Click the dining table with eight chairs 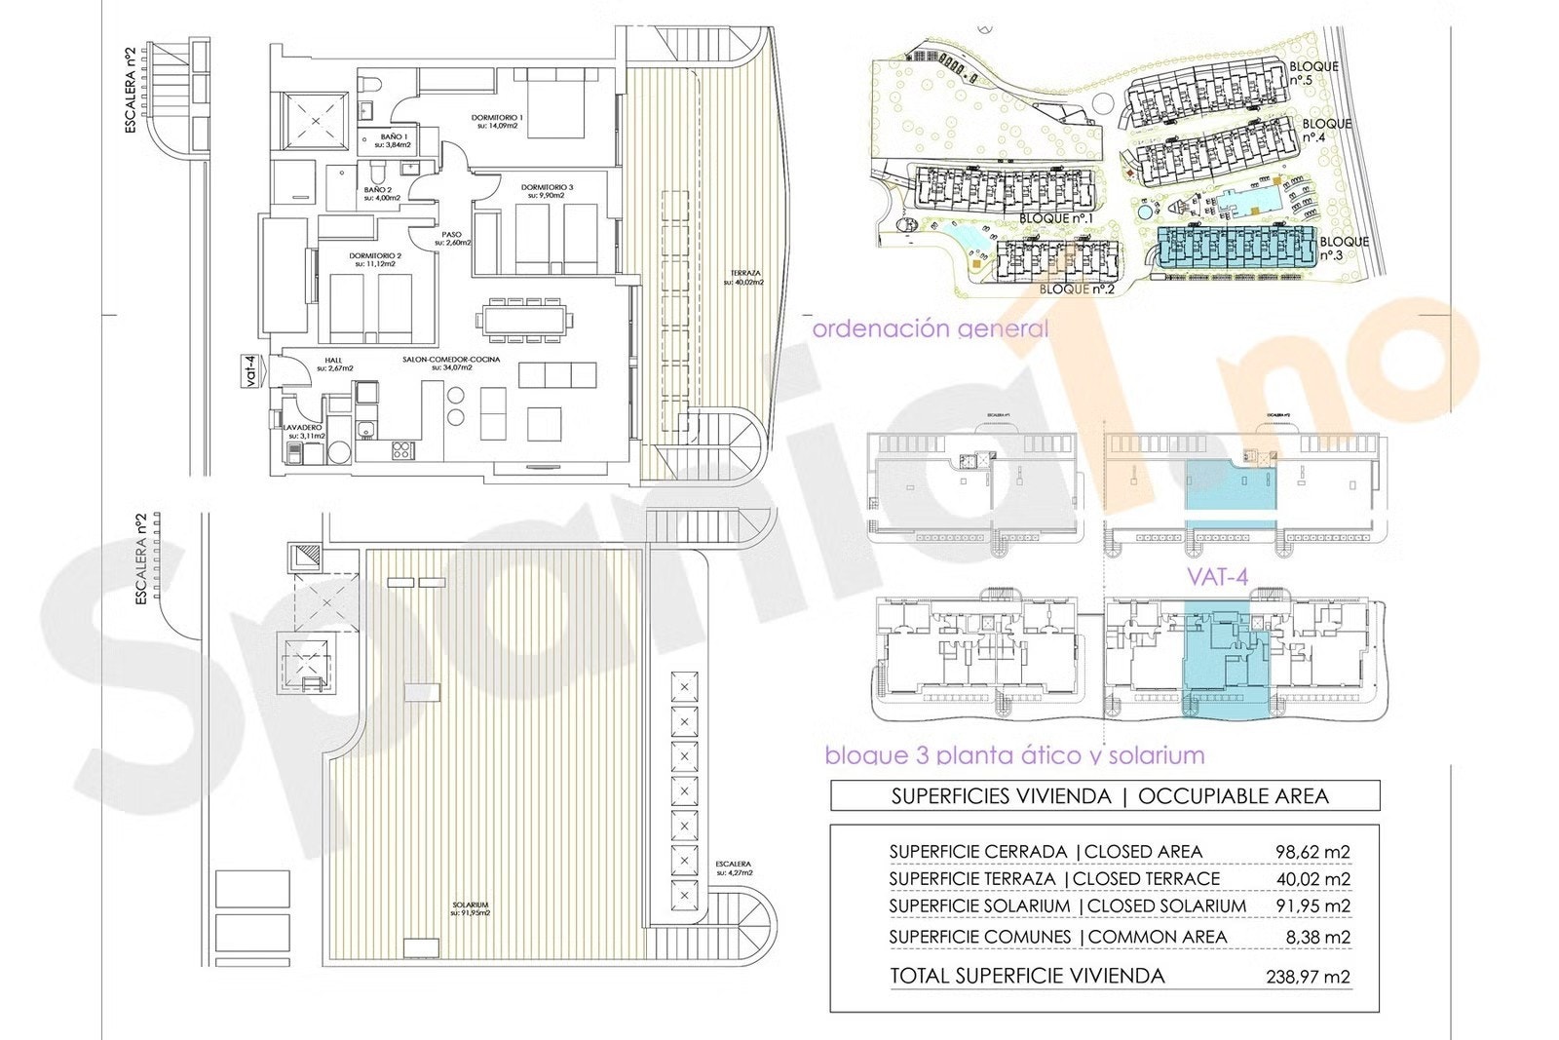coord(521,321)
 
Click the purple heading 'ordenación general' coord(931,328)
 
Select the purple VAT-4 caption coord(1217,577)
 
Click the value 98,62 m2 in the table coord(1312,852)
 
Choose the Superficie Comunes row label coord(979,937)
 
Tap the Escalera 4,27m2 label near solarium coord(733,868)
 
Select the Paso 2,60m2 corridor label coord(450,239)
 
